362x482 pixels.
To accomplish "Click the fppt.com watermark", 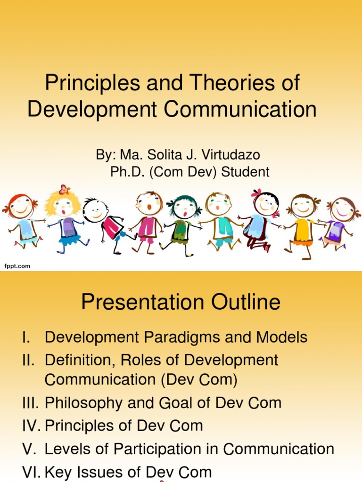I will (x=17, y=266).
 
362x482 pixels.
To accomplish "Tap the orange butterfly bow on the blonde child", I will (x=65, y=190).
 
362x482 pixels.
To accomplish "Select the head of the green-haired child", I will (x=185, y=207).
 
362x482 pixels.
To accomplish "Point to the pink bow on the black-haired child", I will (x=257, y=193).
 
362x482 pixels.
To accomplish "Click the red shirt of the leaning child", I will (x=112, y=229).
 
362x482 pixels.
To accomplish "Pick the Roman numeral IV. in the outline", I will (x=31, y=426).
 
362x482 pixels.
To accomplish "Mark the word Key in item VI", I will (x=59, y=472).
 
